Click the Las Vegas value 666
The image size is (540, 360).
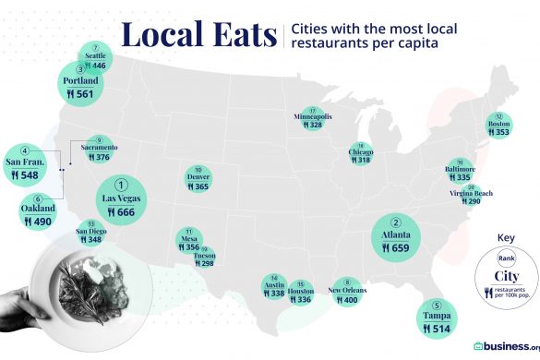(126, 212)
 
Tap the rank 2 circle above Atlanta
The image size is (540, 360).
(397, 222)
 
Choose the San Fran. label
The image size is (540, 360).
(26, 162)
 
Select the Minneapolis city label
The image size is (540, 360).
(313, 117)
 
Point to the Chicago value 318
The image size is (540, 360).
(363, 160)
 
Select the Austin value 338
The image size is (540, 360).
(276, 294)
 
